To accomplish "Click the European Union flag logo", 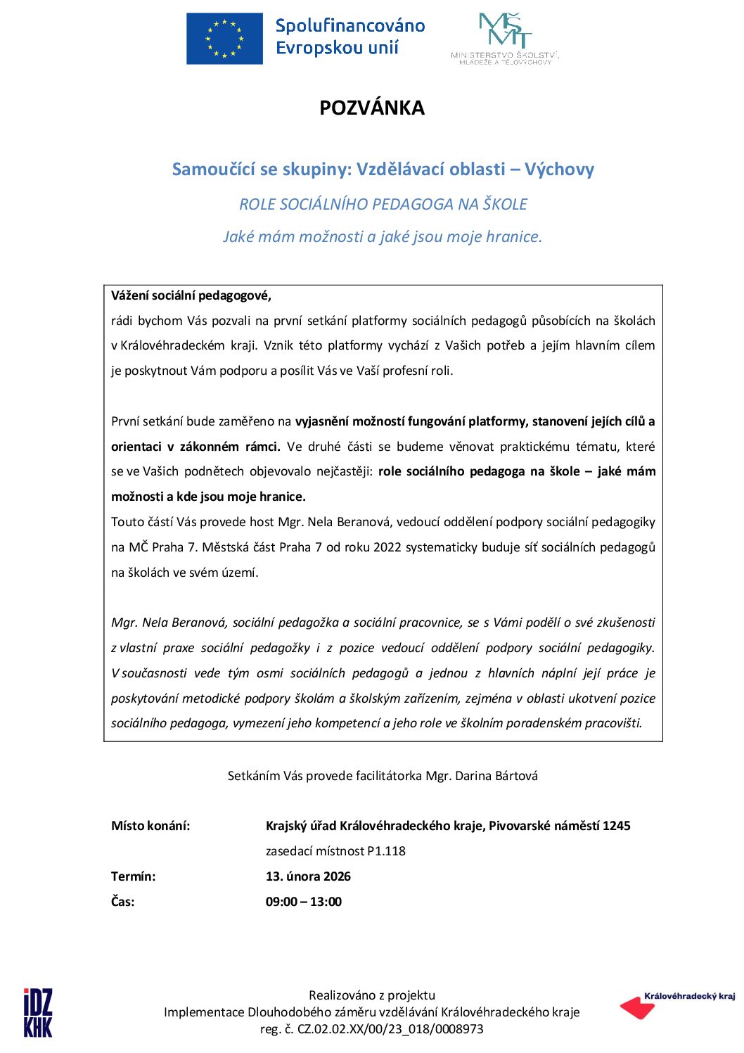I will tap(224, 39).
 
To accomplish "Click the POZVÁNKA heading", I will tap(372, 108).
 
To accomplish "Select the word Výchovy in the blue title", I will tap(559, 170).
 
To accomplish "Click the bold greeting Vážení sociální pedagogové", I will tap(191, 295).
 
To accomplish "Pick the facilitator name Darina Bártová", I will tap(496, 776).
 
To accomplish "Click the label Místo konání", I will tap(150, 826).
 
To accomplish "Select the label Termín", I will tap(134, 876).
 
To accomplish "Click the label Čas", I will tap(123, 902).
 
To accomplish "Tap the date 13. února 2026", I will tap(308, 876).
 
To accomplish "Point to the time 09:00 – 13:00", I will tap(304, 902).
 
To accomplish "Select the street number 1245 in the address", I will tap(616, 826).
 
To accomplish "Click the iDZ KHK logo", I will tap(38, 1012).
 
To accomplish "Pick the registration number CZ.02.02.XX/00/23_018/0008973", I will tap(391, 1029).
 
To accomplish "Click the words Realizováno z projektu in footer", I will tap(372, 995).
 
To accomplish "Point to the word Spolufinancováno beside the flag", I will tap(350, 26).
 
